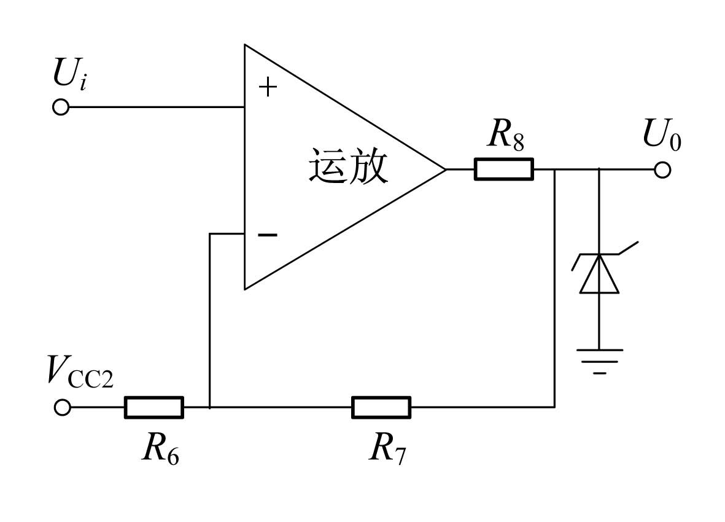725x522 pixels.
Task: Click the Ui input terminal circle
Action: (x=61, y=107)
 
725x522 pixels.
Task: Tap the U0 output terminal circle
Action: (x=662, y=170)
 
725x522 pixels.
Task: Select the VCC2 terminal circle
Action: (x=63, y=408)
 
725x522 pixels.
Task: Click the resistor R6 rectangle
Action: (x=154, y=407)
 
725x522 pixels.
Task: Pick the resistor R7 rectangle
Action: (x=381, y=407)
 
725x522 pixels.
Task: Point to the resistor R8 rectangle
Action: (x=504, y=169)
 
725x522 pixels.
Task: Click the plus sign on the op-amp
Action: (x=268, y=87)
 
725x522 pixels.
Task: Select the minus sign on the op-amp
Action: (x=268, y=235)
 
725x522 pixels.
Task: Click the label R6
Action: (x=160, y=448)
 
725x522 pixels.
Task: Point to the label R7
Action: (x=387, y=448)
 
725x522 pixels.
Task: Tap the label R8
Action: (x=506, y=134)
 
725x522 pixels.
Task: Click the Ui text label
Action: (x=70, y=73)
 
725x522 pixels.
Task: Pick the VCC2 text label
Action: (x=80, y=372)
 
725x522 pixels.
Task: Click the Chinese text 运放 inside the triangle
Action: (x=348, y=166)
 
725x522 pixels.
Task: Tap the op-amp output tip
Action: (x=446, y=169)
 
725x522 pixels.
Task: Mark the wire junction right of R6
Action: (x=210, y=407)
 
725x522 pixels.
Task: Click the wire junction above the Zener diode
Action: (x=600, y=169)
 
